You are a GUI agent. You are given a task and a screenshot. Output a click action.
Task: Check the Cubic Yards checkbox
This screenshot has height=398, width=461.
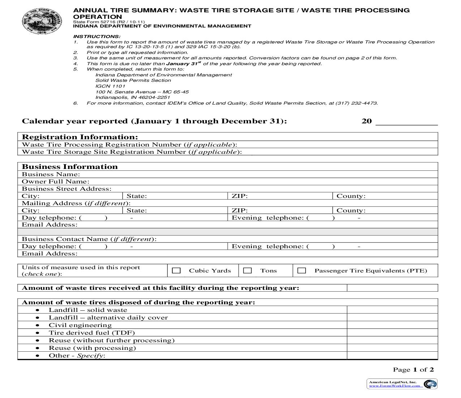[176, 271]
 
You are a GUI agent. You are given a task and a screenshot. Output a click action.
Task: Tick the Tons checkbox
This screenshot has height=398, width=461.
[248, 271]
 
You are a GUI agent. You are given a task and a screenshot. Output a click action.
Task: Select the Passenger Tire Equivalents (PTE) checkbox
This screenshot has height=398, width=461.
[302, 271]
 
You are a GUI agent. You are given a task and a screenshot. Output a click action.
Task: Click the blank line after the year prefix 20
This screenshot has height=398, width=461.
[406, 122]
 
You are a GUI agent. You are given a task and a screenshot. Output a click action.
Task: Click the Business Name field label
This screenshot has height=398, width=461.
[51, 174]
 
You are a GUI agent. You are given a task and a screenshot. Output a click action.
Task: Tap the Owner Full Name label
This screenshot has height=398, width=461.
[56, 182]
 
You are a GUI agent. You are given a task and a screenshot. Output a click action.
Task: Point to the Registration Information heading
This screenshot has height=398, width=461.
[80, 137]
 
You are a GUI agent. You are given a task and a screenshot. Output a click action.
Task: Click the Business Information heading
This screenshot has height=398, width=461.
[70, 167]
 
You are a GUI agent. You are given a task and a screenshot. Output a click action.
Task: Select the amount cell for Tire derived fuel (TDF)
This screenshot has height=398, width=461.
[392, 333]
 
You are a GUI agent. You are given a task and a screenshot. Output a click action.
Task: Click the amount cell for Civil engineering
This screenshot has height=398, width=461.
[392, 325]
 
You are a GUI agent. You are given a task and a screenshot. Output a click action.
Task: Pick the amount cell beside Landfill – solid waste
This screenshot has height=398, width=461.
[392, 310]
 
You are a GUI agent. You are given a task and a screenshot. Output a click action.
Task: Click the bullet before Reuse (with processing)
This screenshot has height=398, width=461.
[38, 348]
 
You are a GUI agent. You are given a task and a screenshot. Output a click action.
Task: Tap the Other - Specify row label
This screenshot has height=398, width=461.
[77, 356]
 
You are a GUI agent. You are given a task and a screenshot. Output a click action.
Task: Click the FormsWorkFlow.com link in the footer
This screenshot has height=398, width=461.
[394, 386]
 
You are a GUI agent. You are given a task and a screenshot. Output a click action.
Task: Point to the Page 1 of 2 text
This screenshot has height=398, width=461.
[413, 370]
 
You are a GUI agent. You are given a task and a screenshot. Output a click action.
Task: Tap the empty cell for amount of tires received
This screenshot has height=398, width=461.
[392, 288]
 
